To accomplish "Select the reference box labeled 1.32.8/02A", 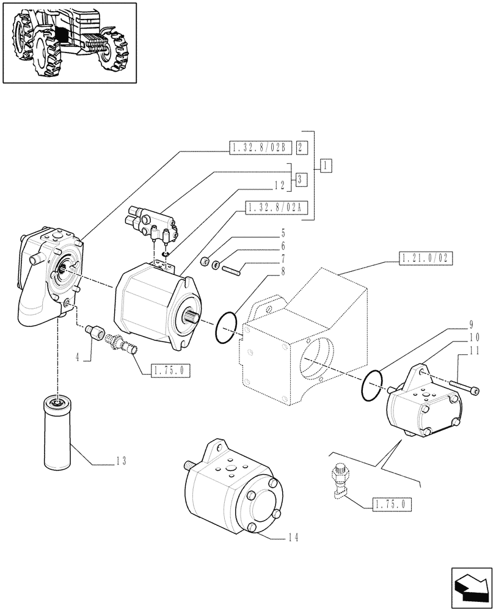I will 276,210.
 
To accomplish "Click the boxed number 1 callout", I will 326,166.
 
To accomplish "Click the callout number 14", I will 294,537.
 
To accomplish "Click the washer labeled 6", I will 216,265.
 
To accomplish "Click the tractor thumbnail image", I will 70,42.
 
